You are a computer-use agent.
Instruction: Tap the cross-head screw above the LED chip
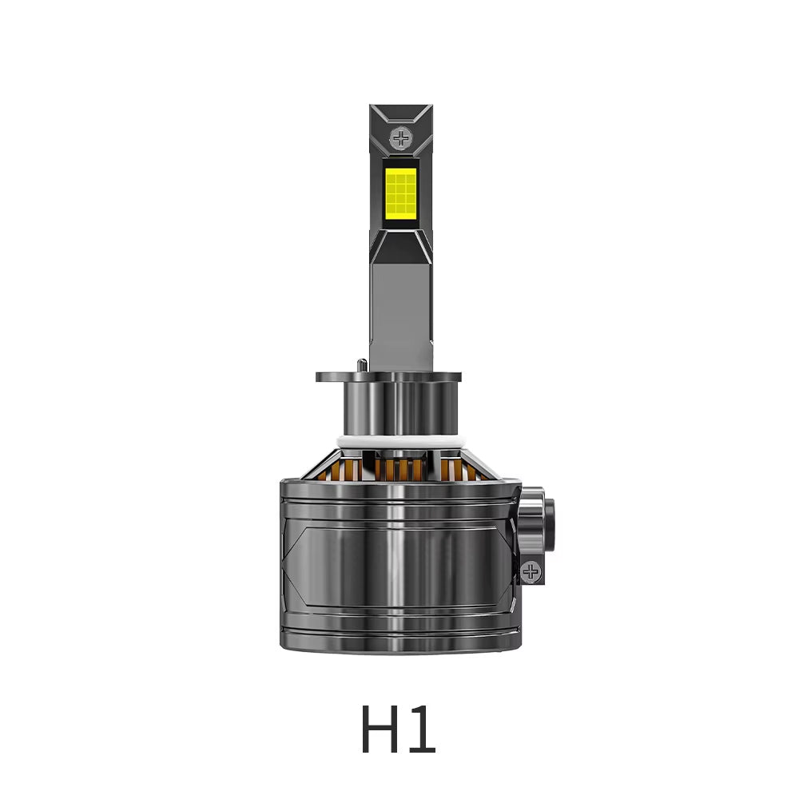(400, 138)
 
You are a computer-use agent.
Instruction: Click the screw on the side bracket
(531, 570)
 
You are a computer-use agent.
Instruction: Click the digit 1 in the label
(421, 729)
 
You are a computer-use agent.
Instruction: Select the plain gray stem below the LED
(401, 312)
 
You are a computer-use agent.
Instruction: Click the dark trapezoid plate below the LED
(401, 246)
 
